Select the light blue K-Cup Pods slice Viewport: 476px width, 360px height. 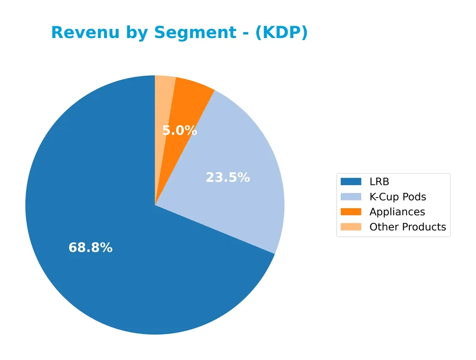coord(238,157)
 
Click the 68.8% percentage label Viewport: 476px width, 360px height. coord(90,248)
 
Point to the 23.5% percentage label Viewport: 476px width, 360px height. coord(228,178)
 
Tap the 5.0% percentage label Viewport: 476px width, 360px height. coord(179,130)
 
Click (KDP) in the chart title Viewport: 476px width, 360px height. coord(281,33)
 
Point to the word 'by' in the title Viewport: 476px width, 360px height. coord(135,33)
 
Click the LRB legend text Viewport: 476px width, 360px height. coord(379,181)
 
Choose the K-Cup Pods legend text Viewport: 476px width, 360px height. coord(397,197)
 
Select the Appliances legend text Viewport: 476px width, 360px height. coord(397,212)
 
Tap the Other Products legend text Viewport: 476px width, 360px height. coord(407,227)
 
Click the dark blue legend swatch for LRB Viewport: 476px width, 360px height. coord(351,181)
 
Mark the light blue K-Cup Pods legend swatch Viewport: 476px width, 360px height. coord(351,197)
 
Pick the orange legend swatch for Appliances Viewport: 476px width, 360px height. coord(351,212)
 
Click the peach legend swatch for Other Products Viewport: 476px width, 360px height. coord(351,227)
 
